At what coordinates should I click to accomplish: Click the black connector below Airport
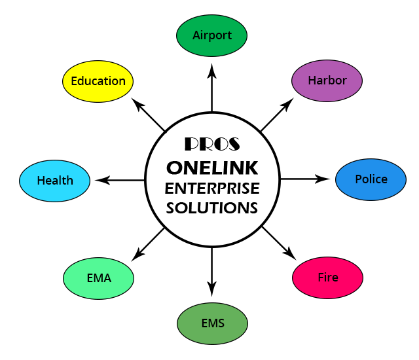211,86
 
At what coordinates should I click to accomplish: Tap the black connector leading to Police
306,179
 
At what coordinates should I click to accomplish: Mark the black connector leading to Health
118,180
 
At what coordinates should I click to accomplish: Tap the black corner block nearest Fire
280,242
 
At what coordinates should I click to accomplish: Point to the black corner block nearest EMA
147,243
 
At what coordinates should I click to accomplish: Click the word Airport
212,35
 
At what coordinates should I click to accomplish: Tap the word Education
98,81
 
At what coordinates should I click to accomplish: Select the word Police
371,179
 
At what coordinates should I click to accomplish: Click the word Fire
328,278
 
